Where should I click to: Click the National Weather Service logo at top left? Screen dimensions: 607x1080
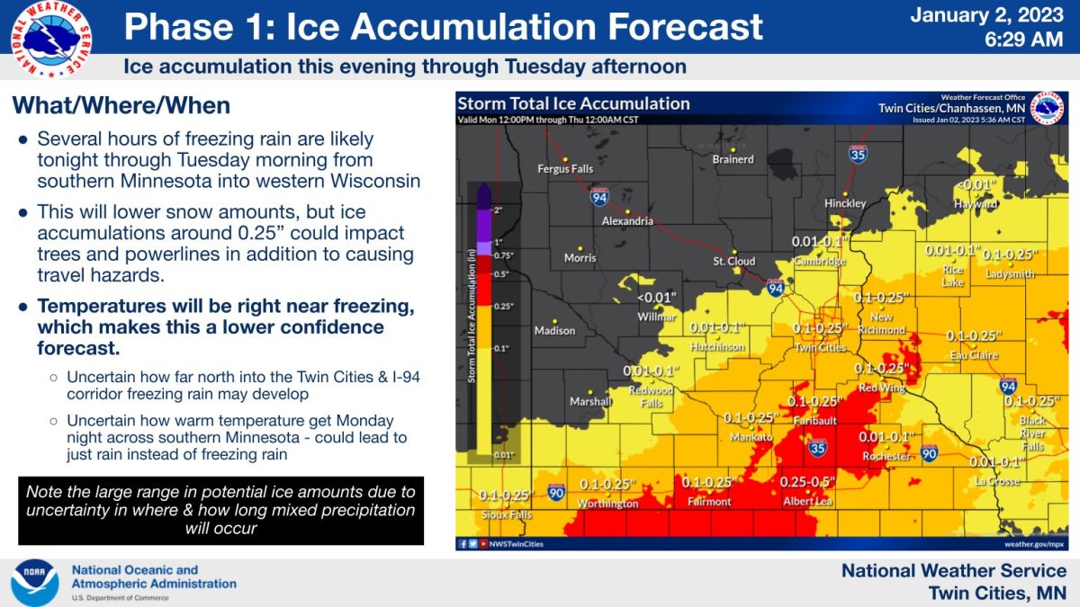coord(50,39)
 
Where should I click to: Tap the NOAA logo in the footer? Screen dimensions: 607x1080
coord(34,583)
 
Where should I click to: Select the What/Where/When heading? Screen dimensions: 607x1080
coord(121,106)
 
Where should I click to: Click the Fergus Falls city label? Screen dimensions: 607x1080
coord(565,168)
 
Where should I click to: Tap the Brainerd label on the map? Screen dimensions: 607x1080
coord(733,160)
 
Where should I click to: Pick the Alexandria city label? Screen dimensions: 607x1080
coord(627,221)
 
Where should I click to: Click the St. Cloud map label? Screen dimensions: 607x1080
coord(733,263)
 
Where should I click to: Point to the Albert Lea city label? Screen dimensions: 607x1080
coord(807,502)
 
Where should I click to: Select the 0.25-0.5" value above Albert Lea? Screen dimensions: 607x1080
coord(806,483)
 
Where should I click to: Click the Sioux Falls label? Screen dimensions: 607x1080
coord(505,515)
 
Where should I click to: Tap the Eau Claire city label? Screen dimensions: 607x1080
coord(975,355)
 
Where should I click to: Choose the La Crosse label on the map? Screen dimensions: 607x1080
coord(997,481)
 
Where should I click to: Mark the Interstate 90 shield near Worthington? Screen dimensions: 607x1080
coord(556,492)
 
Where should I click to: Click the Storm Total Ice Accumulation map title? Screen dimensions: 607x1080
coord(574,103)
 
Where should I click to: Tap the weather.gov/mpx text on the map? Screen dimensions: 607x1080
coord(1034,544)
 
